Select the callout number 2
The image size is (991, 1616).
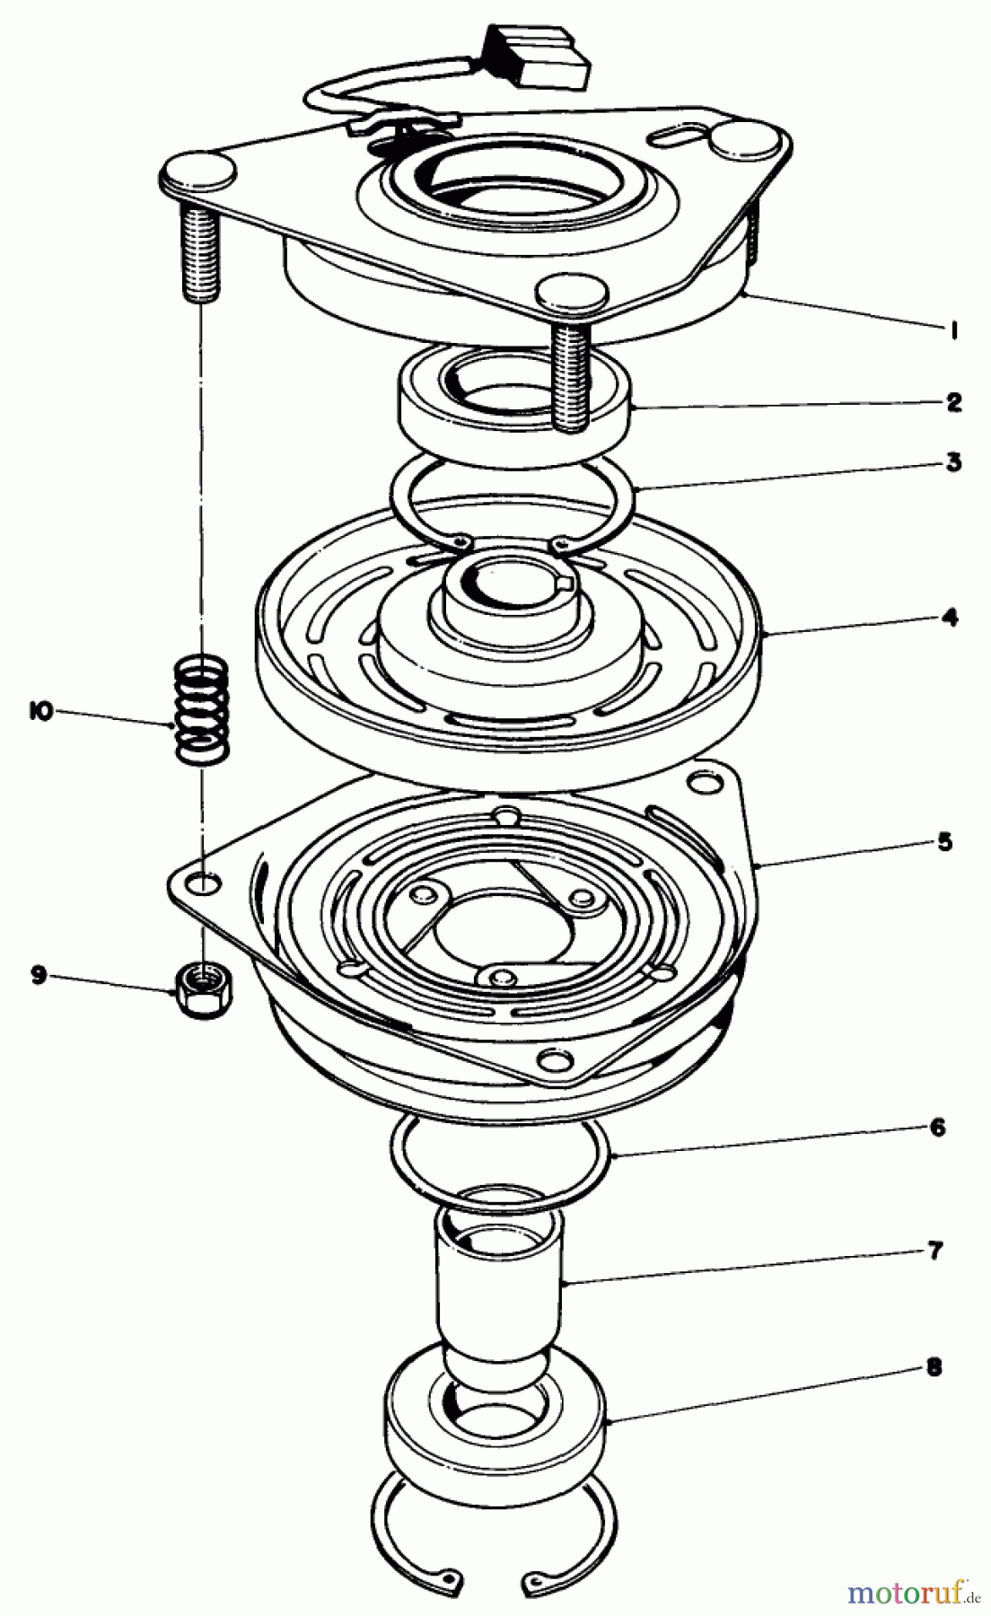click(x=953, y=401)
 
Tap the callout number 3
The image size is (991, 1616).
click(x=953, y=463)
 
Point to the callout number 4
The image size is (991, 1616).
click(x=950, y=618)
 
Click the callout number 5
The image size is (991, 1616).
click(x=944, y=842)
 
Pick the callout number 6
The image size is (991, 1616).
click(x=938, y=1128)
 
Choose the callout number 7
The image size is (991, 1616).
click(x=936, y=1252)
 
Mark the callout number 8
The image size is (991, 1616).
click(x=934, y=1368)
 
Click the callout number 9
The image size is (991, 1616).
click(x=38, y=975)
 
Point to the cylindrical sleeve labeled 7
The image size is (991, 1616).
click(x=501, y=1275)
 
